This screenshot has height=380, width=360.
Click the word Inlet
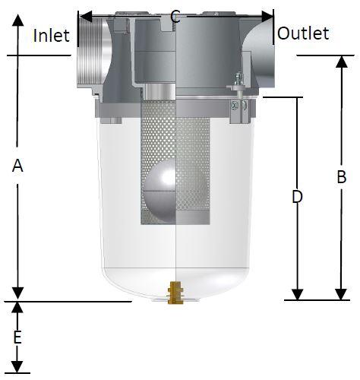52,36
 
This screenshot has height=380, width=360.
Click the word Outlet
303,33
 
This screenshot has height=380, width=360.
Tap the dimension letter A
17,166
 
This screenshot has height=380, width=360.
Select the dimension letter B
342,177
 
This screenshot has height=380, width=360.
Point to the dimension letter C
175,17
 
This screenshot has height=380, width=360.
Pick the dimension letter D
297,197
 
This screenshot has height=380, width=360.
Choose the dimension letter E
17,337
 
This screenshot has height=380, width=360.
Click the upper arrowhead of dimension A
17,21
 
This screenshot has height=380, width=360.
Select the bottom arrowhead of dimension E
17,367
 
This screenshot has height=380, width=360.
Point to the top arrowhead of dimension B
342,62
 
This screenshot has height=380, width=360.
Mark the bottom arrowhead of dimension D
297,294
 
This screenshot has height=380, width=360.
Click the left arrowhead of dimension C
85,17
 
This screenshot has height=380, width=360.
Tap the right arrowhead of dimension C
267,17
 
